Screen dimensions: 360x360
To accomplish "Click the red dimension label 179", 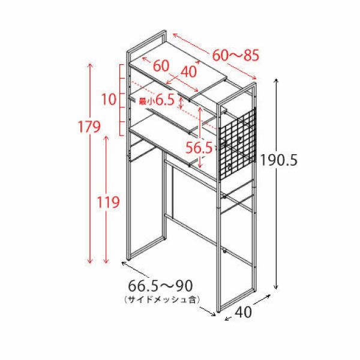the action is click(89, 127).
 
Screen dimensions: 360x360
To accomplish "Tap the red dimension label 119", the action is click(108, 202).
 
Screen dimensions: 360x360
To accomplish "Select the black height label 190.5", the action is click(279, 160).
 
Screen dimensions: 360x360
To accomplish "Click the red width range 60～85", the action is click(236, 55).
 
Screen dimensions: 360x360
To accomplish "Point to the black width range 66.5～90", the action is click(160, 286).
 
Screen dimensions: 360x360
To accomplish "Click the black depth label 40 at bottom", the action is click(244, 312).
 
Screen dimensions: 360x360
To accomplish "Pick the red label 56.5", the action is click(199, 148).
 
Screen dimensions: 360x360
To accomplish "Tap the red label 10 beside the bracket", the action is click(109, 100).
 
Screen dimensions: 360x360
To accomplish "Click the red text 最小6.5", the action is click(157, 100).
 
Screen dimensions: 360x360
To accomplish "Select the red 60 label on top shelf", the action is click(161, 66).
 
